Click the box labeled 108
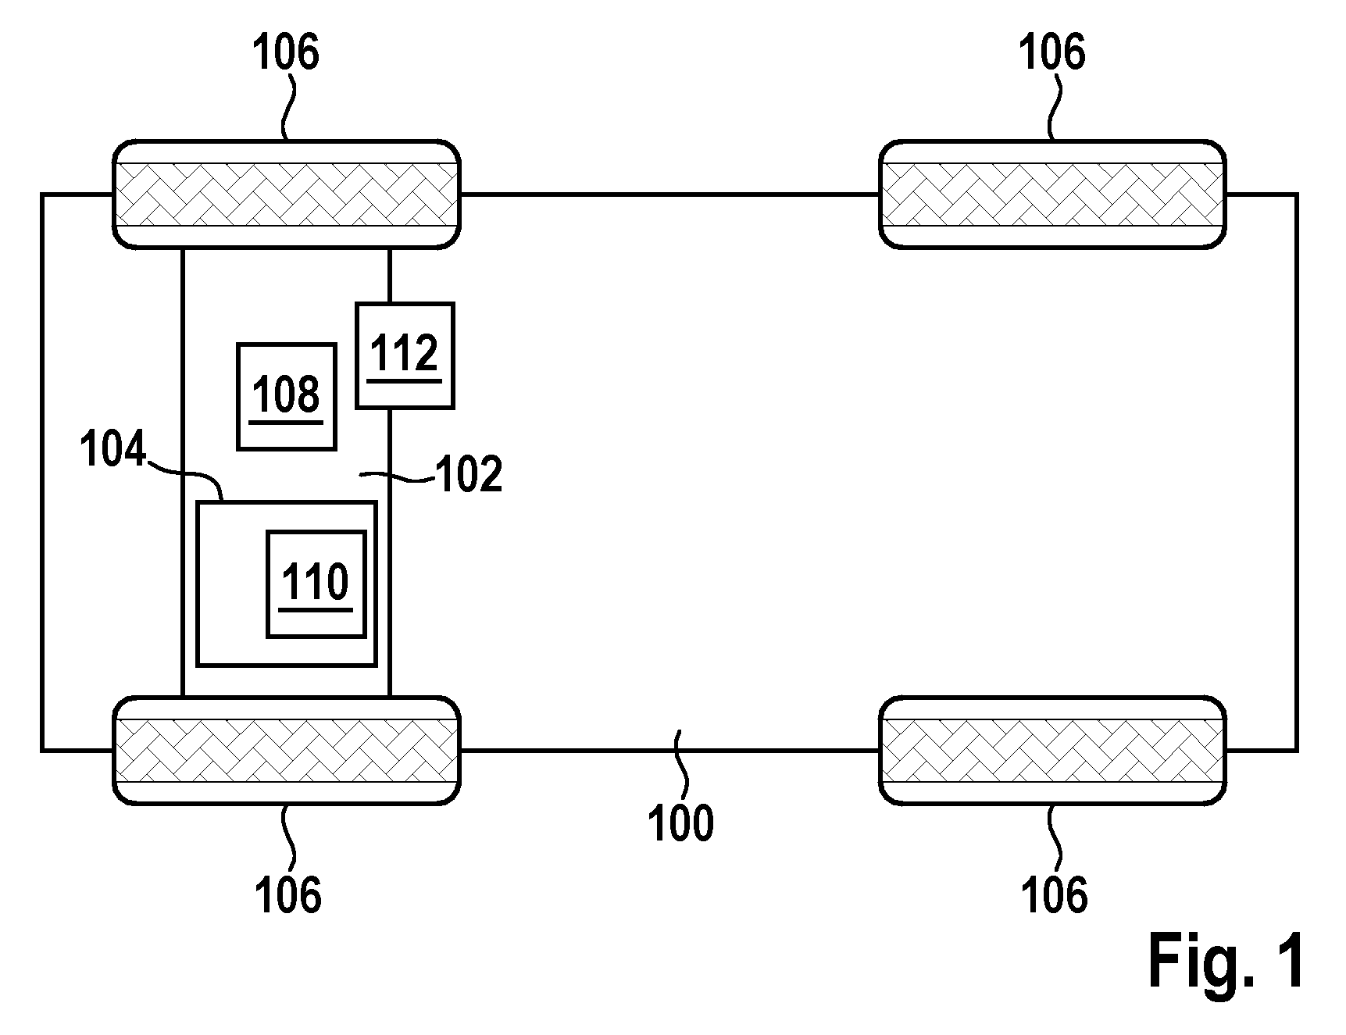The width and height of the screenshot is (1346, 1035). (x=287, y=396)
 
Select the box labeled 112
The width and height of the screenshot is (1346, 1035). (x=405, y=355)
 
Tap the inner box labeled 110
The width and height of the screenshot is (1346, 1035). (x=316, y=584)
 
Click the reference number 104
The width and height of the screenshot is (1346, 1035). (x=114, y=451)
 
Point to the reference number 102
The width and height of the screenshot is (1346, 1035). (x=469, y=474)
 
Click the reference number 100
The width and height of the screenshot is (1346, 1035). (x=681, y=823)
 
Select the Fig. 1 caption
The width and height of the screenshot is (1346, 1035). (x=1226, y=961)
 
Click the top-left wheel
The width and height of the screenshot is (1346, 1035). (x=287, y=195)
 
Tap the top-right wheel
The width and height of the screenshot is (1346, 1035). (x=1052, y=195)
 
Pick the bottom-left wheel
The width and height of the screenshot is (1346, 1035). (x=287, y=750)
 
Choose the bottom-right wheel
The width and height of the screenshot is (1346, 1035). (x=1052, y=750)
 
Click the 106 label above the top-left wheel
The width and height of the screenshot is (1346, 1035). (x=286, y=54)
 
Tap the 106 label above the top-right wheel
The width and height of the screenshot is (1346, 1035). (x=1051, y=54)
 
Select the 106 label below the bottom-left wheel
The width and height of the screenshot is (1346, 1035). (x=287, y=894)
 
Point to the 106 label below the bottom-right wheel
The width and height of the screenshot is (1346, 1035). (x=1054, y=894)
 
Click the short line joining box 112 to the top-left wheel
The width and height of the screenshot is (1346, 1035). (x=389, y=276)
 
